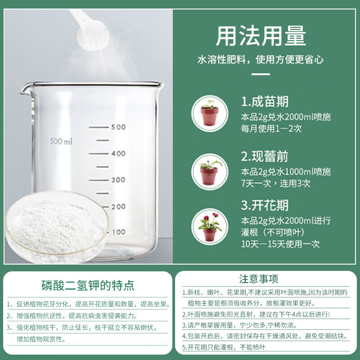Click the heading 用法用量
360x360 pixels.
(261, 37)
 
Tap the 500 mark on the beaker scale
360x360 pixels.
(118, 127)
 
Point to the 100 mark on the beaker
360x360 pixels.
(118, 232)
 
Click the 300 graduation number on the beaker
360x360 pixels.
(118, 180)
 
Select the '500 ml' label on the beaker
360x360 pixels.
(61, 142)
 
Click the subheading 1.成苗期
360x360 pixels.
(265, 101)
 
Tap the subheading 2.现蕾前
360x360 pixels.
(265, 157)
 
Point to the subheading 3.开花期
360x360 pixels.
(265, 206)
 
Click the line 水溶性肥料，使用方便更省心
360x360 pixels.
(261, 59)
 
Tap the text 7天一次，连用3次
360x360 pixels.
(275, 183)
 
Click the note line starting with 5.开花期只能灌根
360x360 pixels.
(224, 347)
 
